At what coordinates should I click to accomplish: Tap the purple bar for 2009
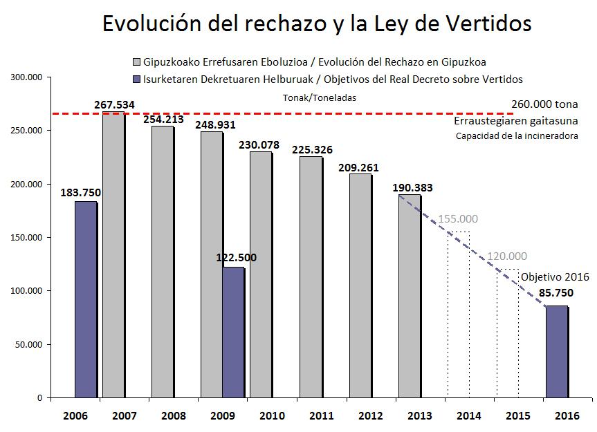coord(233,332)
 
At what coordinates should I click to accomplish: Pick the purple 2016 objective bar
coord(557,352)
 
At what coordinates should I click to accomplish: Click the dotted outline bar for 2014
coord(458,314)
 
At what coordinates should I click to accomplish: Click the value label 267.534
coord(114,105)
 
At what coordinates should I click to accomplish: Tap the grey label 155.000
coord(458,220)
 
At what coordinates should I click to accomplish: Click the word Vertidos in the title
coord(481,24)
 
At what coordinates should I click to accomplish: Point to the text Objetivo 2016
coord(555,276)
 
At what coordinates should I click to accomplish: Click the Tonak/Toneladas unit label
coord(320,98)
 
